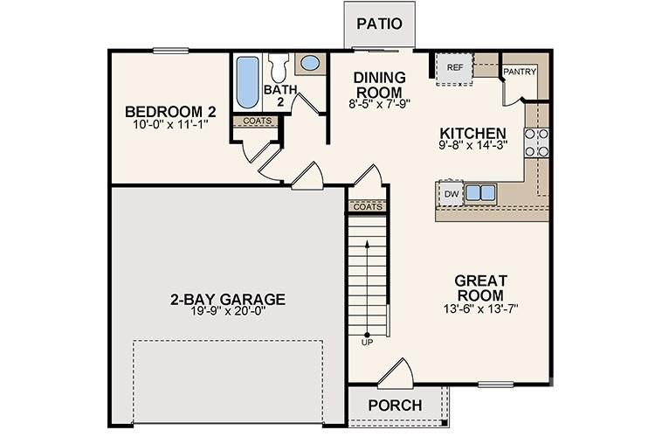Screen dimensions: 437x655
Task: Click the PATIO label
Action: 378,24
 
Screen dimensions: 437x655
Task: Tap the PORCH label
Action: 395,406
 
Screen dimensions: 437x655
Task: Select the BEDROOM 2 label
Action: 170,112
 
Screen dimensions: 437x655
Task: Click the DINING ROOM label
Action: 378,85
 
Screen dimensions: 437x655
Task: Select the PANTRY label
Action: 520,72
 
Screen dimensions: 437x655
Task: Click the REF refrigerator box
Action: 454,67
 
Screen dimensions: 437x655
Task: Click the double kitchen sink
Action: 480,192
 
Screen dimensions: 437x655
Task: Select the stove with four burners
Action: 536,142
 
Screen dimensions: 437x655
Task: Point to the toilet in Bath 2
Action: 279,69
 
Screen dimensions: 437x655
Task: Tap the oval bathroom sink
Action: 308,63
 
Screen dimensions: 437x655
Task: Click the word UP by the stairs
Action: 366,342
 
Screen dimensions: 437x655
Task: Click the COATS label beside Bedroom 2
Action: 256,121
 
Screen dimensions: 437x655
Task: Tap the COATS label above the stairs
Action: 367,207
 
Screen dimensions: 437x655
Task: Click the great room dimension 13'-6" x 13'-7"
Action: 480,308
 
